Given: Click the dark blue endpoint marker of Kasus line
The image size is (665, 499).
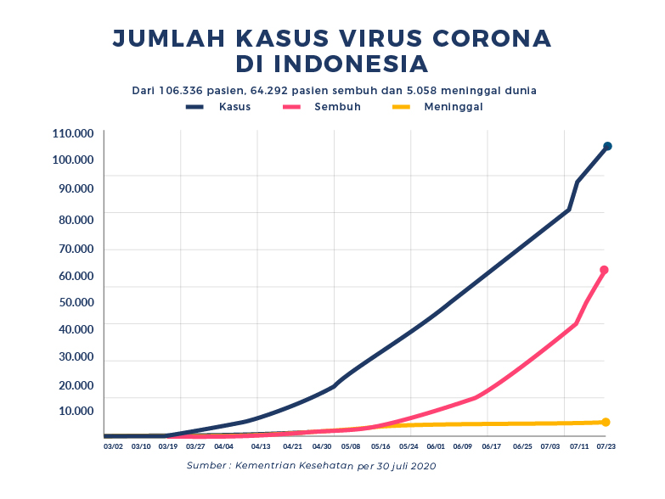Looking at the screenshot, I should [607, 147].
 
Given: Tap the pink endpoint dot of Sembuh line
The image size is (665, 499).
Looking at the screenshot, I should [604, 270].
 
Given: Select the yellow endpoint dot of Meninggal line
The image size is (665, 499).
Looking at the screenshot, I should [606, 422].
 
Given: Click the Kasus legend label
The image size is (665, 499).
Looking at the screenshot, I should [234, 107].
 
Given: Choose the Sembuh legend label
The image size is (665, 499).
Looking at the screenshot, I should [337, 107].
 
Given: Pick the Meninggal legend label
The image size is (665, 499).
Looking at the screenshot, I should [454, 107].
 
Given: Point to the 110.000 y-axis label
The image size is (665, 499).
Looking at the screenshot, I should [73, 133].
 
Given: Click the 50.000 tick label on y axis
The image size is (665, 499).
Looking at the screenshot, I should [73, 302].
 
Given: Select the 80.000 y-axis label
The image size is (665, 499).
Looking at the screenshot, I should [73, 219].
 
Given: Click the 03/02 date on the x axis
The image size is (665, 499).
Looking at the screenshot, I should [113, 446].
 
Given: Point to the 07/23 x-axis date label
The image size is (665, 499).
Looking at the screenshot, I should [606, 446].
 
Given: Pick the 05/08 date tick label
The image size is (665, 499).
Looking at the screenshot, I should [350, 446].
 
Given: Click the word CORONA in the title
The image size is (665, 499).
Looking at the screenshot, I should [491, 37].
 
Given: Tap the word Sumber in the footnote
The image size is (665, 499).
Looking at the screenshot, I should [207, 466].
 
